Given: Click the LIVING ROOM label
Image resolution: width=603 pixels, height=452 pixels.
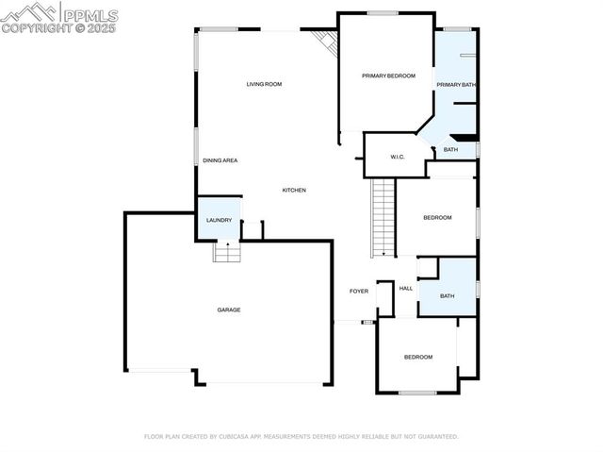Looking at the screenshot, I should pyautogui.click(x=264, y=85).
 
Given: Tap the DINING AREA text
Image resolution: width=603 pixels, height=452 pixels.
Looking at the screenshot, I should pyautogui.click(x=220, y=160).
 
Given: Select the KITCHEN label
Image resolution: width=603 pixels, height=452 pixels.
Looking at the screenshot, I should pyautogui.click(x=294, y=191).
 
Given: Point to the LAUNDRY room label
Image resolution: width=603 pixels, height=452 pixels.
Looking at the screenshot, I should pyautogui.click(x=219, y=221).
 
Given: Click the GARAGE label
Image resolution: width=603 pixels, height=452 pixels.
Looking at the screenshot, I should pyautogui.click(x=229, y=310).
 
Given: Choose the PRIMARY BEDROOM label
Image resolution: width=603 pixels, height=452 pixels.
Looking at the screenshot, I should pyautogui.click(x=388, y=75).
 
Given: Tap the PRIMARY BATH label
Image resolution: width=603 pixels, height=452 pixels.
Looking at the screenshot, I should pyautogui.click(x=456, y=85).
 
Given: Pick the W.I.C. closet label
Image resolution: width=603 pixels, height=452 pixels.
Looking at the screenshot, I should pyautogui.click(x=398, y=157).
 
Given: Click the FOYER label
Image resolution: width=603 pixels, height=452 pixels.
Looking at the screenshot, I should pyautogui.click(x=359, y=292).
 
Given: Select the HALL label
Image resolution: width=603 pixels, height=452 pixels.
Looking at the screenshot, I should pyautogui.click(x=406, y=289).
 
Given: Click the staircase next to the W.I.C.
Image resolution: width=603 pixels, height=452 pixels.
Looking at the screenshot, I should pyautogui.click(x=383, y=217).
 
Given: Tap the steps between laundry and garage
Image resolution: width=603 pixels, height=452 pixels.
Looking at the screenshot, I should pyautogui.click(x=226, y=252).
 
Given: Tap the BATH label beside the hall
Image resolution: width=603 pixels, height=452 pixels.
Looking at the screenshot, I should pyautogui.click(x=447, y=296).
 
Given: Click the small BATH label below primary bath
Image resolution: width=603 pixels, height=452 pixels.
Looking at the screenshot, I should pyautogui.click(x=451, y=150).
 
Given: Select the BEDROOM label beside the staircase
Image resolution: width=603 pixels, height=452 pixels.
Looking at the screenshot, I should pyautogui.click(x=437, y=218).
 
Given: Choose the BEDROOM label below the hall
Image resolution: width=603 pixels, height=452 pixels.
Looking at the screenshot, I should pyautogui.click(x=418, y=357).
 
